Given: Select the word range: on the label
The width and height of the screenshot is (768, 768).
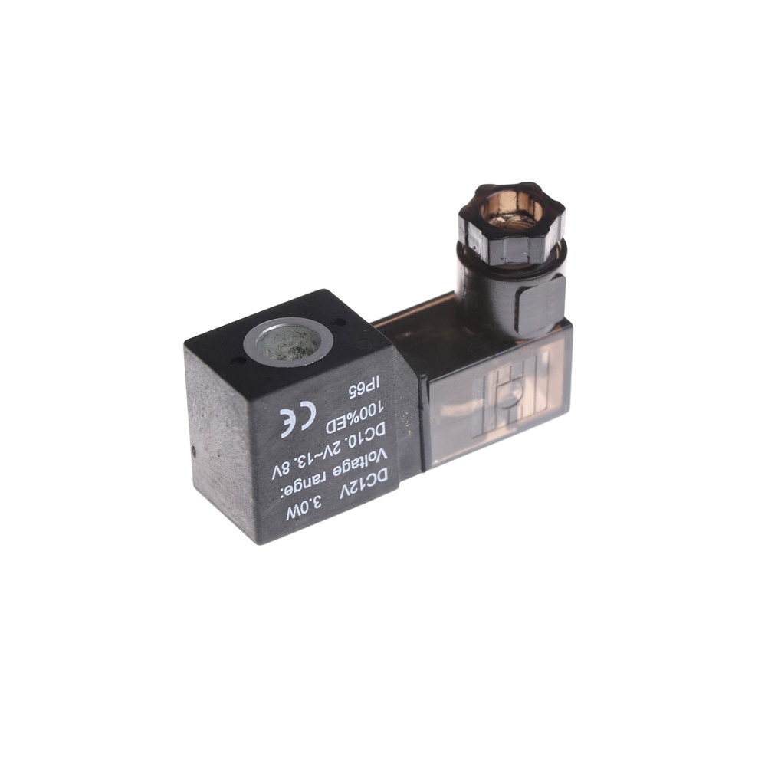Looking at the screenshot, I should point(313,480).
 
